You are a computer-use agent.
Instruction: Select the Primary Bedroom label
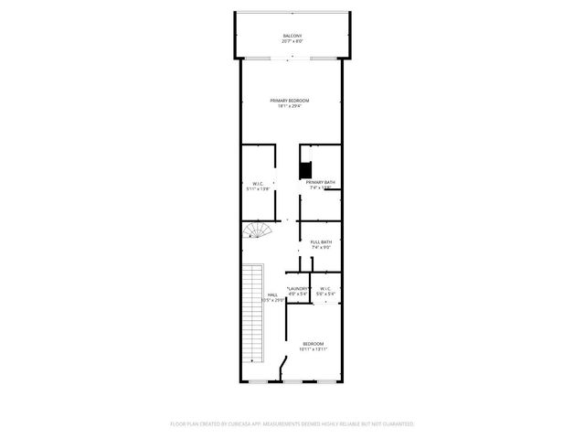(289, 100)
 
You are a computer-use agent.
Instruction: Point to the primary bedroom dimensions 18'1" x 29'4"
(289, 106)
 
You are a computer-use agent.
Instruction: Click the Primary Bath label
(321, 182)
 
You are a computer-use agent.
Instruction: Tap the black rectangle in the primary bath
(306, 170)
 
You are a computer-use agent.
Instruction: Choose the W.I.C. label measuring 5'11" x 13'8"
(259, 183)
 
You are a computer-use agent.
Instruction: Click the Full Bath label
(321, 241)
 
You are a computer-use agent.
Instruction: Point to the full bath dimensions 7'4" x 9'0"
(321, 248)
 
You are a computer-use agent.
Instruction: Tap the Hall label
(272, 294)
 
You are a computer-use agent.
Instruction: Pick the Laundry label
(299, 289)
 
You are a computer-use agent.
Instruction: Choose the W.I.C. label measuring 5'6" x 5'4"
(325, 289)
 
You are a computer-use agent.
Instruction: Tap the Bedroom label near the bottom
(313, 343)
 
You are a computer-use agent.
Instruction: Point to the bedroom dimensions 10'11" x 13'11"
(313, 349)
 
